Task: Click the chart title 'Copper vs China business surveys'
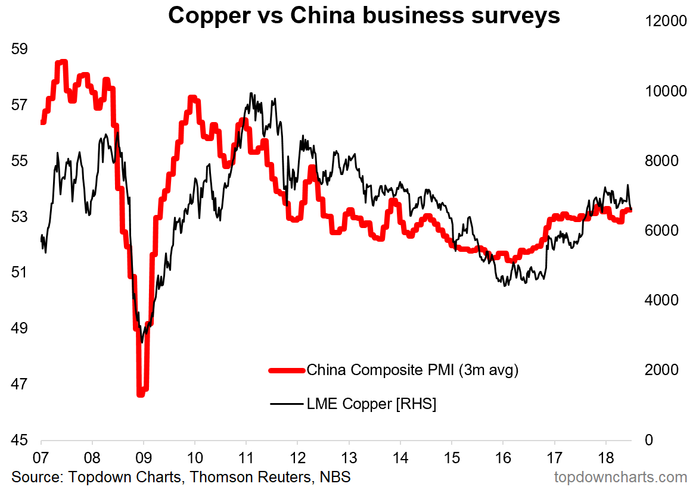pyautogui.click(x=364, y=16)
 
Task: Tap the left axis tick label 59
pyautogui.click(x=20, y=49)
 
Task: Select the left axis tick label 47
pyautogui.click(x=20, y=384)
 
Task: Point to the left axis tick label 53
pyautogui.click(x=20, y=216)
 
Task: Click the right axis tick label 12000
pyautogui.click(x=666, y=21)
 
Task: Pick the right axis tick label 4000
pyautogui.click(x=661, y=300)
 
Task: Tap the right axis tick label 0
pyautogui.click(x=649, y=440)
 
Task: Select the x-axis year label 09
pyautogui.click(x=144, y=457)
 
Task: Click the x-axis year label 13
pyautogui.click(x=349, y=457)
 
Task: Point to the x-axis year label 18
pyautogui.click(x=606, y=457)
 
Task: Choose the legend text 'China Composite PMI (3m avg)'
pyautogui.click(x=412, y=370)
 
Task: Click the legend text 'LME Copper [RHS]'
pyautogui.click(x=371, y=404)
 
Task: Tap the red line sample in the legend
pyautogui.click(x=287, y=370)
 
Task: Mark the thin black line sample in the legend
pyautogui.click(x=287, y=404)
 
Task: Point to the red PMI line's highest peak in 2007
pyautogui.click(x=62, y=62)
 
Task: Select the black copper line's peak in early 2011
pyautogui.click(x=251, y=93)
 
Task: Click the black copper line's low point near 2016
pyautogui.click(x=505, y=285)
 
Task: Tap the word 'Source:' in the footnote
pyautogui.click(x=38, y=477)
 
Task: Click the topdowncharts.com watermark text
pyautogui.click(x=620, y=477)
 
